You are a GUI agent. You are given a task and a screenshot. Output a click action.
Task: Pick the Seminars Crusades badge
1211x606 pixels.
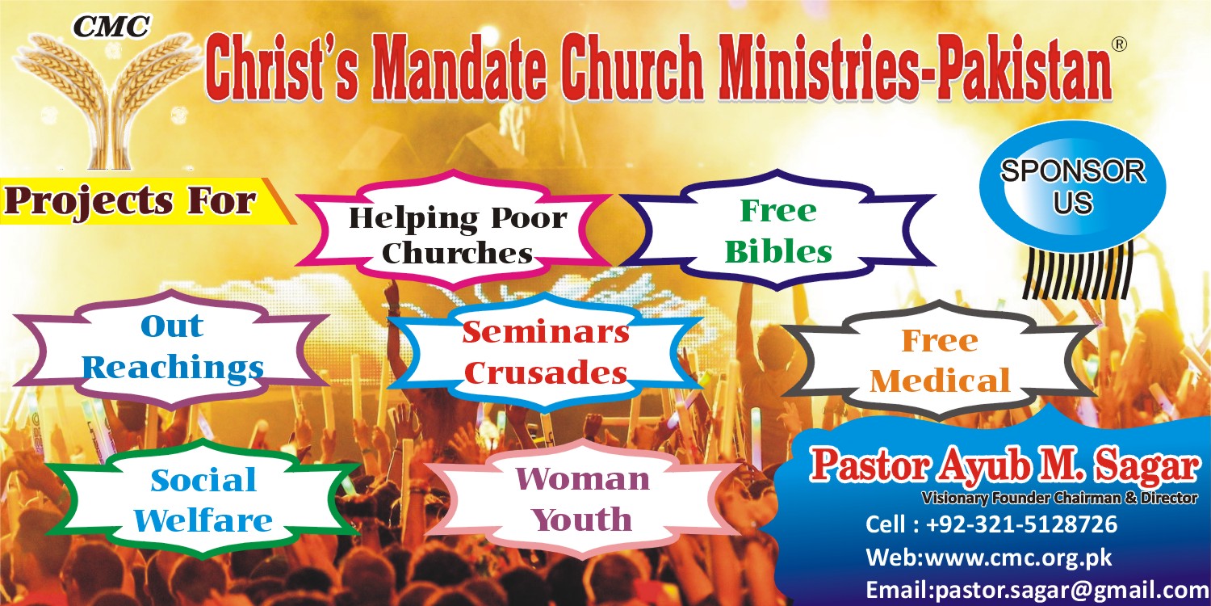pyautogui.click(x=546, y=353)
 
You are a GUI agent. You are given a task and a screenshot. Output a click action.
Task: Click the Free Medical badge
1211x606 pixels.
pyautogui.click(x=940, y=360)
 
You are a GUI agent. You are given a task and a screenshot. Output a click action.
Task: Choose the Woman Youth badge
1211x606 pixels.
pyautogui.click(x=583, y=499)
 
